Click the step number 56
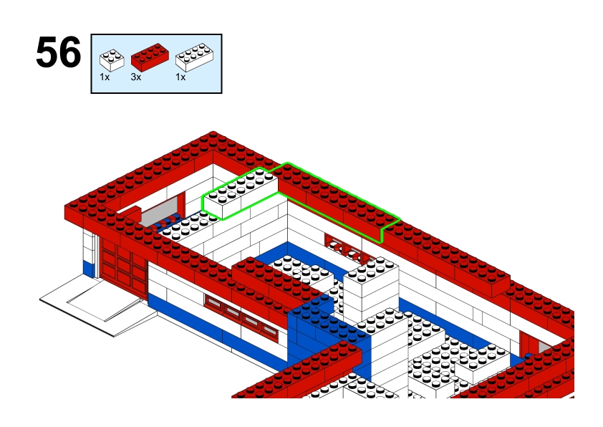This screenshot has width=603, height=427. coord(59,54)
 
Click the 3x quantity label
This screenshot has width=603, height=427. coord(135,77)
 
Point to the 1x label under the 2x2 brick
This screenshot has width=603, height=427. coord(105,77)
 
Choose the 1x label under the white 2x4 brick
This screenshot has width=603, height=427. coord(180,77)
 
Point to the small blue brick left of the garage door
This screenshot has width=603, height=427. coord(89,268)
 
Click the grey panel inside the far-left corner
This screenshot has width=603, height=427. coord(152,215)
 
